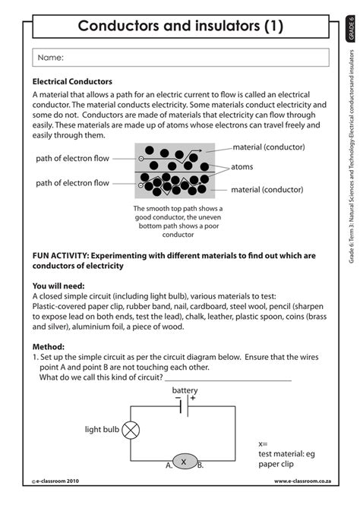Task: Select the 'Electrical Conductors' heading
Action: point(72,81)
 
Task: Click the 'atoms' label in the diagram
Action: point(242,166)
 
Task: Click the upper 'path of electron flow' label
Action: point(73,159)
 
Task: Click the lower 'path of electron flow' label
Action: point(73,183)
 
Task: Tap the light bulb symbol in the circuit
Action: point(131,430)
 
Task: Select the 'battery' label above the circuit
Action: point(185,390)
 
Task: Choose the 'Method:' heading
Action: point(49,345)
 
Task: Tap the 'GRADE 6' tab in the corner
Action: point(351,31)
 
